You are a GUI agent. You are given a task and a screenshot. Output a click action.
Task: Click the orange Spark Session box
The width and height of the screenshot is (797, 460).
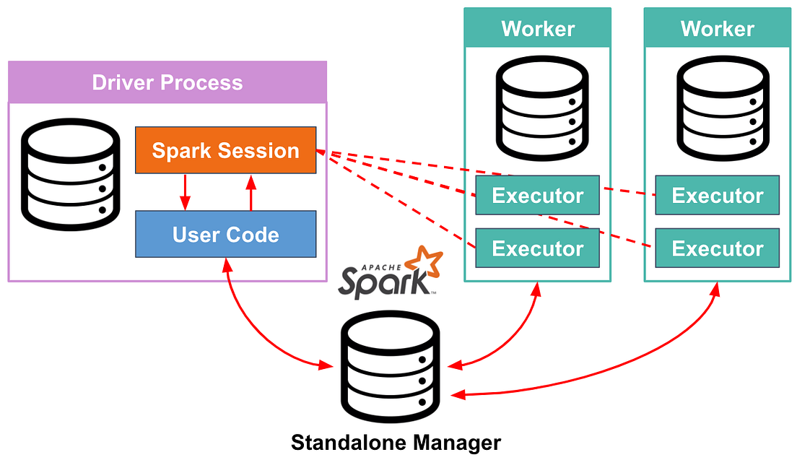[225, 150]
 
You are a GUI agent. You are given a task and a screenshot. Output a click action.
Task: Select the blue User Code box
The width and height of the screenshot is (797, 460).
[225, 234]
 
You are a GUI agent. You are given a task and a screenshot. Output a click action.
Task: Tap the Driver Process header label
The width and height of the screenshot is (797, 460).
[167, 82]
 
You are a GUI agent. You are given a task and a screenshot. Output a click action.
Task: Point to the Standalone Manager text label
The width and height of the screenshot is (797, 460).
[396, 441]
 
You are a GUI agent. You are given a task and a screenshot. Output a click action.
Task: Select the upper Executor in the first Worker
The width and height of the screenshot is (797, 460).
[537, 195]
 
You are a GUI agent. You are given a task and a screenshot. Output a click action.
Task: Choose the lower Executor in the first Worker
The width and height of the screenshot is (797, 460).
[537, 248]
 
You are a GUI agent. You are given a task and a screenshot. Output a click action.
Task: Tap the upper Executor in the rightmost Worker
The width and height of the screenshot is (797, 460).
[717, 195]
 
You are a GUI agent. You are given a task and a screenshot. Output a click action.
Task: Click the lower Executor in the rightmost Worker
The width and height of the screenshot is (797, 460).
[717, 248]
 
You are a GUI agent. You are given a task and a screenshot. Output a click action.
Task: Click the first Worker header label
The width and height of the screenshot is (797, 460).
[538, 29]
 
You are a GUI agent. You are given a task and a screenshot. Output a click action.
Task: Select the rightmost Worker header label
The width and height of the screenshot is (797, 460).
[717, 29]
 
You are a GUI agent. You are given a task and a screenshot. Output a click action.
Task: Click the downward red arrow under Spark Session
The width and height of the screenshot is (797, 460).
[186, 191]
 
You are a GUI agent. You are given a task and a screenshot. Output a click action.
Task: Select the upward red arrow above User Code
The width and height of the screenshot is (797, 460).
[251, 191]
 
